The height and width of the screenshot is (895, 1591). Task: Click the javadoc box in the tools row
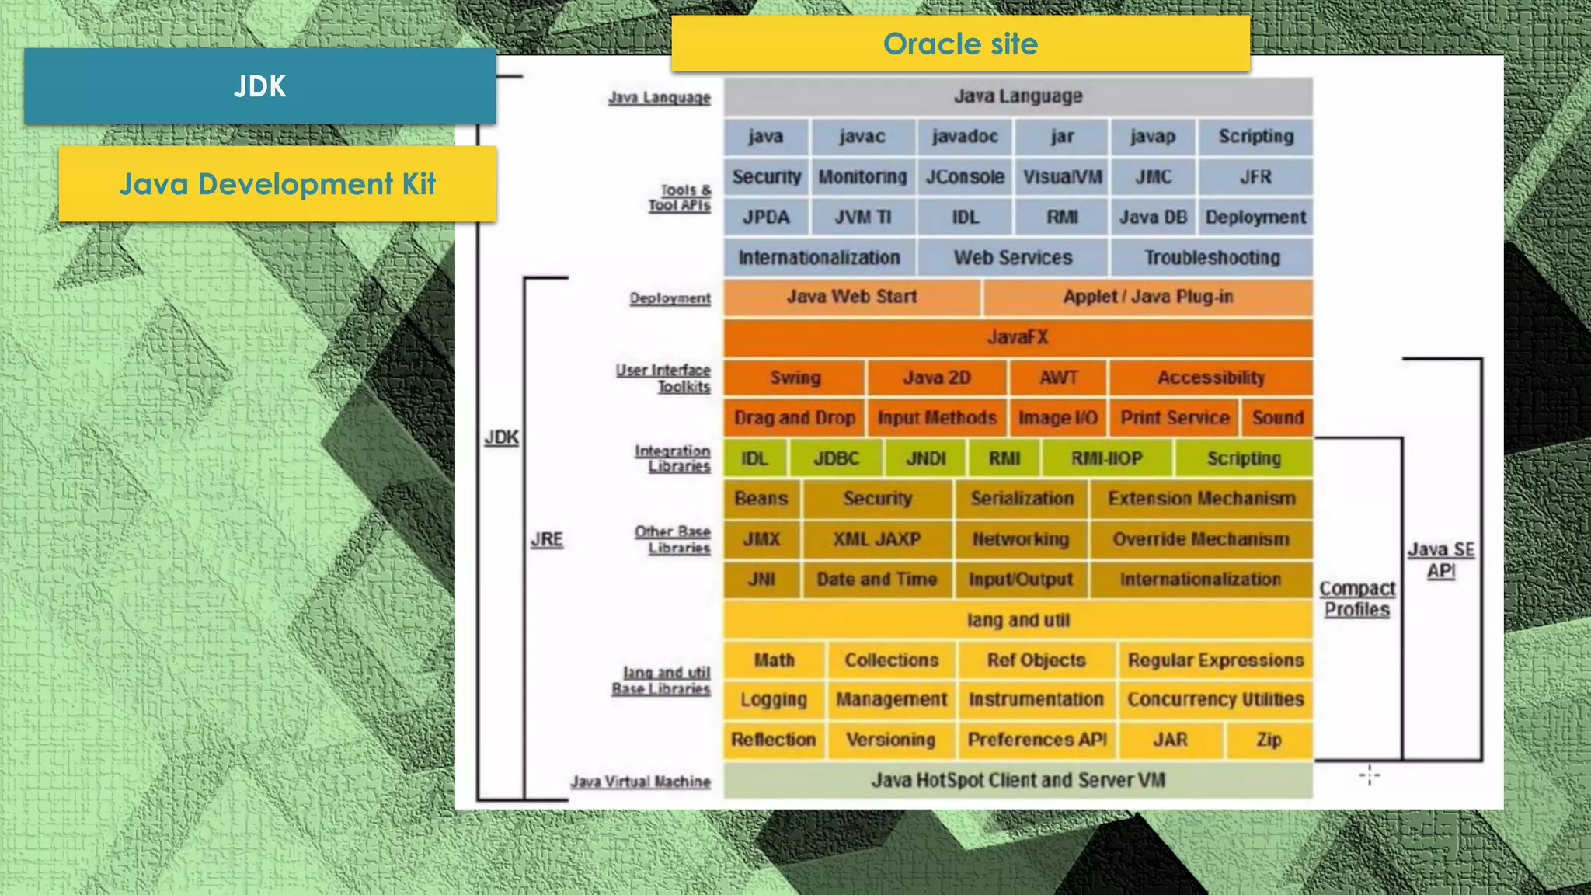[964, 137]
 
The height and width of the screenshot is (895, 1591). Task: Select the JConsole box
[964, 177]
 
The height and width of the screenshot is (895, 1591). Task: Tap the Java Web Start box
[851, 297]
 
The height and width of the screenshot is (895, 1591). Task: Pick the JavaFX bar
[1018, 337]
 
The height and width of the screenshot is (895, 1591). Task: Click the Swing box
[795, 378]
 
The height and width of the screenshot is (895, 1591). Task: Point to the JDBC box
[836, 458]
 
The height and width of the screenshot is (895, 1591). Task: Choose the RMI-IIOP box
[1106, 458]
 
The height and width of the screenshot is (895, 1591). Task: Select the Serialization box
[1022, 499]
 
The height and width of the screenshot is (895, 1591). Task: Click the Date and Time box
[876, 580]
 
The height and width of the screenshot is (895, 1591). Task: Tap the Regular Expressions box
[1215, 660]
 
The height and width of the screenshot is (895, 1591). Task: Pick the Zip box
[1269, 740]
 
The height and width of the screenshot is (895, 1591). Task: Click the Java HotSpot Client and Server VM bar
[1018, 780]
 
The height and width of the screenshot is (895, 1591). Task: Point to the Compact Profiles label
[1357, 599]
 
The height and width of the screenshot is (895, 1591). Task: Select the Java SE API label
[1441, 560]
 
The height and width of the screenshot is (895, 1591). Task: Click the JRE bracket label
[547, 539]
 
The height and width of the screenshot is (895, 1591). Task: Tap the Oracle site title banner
[960, 44]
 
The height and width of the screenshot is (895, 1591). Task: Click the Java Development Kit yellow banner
[277, 184]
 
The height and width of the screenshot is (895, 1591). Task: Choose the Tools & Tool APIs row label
[680, 197]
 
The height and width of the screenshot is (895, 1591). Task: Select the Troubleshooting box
[1211, 258]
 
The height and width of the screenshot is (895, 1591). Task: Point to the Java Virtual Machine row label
[640, 782]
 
